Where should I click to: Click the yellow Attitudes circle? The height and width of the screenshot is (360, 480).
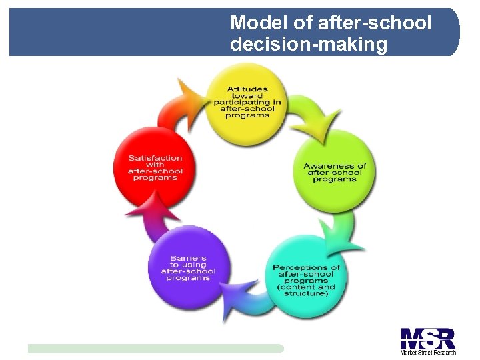tap(247, 100)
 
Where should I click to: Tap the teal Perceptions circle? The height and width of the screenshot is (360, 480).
tap(306, 280)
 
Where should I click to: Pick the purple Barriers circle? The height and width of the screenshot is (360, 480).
tap(189, 267)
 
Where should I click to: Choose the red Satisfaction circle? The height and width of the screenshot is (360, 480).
tap(155, 167)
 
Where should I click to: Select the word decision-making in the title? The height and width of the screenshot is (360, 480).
tap(308, 45)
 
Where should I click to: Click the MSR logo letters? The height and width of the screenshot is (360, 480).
tap(427, 338)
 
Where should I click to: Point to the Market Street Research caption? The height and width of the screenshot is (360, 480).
tap(427, 352)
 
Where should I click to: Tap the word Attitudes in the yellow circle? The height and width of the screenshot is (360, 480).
tap(247, 88)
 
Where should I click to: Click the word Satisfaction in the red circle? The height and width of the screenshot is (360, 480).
tap(155, 158)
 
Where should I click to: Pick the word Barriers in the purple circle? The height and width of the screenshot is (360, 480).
tap(188, 258)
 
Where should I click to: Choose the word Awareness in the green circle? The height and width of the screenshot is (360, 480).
tap(335, 166)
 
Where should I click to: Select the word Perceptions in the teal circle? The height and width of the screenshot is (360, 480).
tap(306, 268)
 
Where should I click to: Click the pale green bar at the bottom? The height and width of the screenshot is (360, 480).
tap(155, 348)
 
